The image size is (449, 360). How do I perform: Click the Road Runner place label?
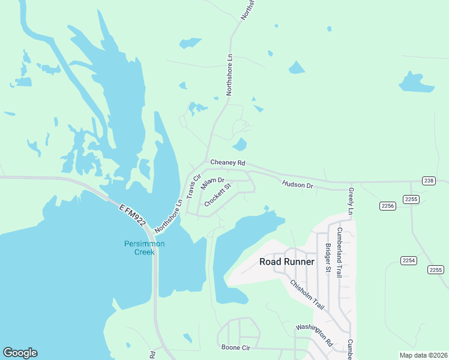286,262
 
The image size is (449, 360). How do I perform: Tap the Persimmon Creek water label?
144,248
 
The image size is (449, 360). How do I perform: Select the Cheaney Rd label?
228,163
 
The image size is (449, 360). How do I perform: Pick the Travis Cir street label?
193,187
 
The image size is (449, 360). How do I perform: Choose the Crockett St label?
218,196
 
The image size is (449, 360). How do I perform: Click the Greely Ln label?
351,200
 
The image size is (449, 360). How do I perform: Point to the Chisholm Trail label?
307,295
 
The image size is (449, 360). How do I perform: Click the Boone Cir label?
235,347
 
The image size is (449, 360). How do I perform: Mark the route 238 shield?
428,181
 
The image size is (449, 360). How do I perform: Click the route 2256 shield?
388,206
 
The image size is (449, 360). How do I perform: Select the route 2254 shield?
409,260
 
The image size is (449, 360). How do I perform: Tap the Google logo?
20,353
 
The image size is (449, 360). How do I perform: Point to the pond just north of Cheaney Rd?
240,145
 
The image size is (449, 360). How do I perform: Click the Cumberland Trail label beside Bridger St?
339,252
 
